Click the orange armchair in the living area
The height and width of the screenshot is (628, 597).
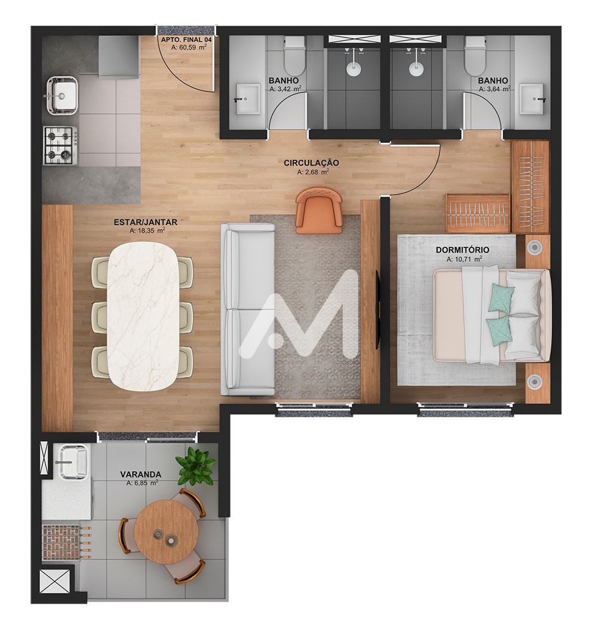click(x=319, y=210)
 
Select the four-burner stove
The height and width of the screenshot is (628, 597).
click(x=59, y=146)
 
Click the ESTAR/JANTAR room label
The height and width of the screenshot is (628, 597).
click(x=146, y=222)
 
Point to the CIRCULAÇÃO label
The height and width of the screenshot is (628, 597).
click(x=311, y=163)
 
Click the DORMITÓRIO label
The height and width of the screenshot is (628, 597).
click(x=462, y=250)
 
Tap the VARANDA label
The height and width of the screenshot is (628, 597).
click(x=141, y=475)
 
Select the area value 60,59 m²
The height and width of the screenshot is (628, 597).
click(x=189, y=47)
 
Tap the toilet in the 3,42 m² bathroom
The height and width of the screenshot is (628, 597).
click(x=294, y=56)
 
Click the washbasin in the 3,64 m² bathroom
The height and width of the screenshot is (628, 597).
click(x=533, y=98)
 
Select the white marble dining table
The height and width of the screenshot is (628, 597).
click(x=143, y=316)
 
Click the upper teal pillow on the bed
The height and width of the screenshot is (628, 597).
click(x=501, y=297)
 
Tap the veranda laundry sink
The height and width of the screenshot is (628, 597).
click(x=73, y=461)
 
